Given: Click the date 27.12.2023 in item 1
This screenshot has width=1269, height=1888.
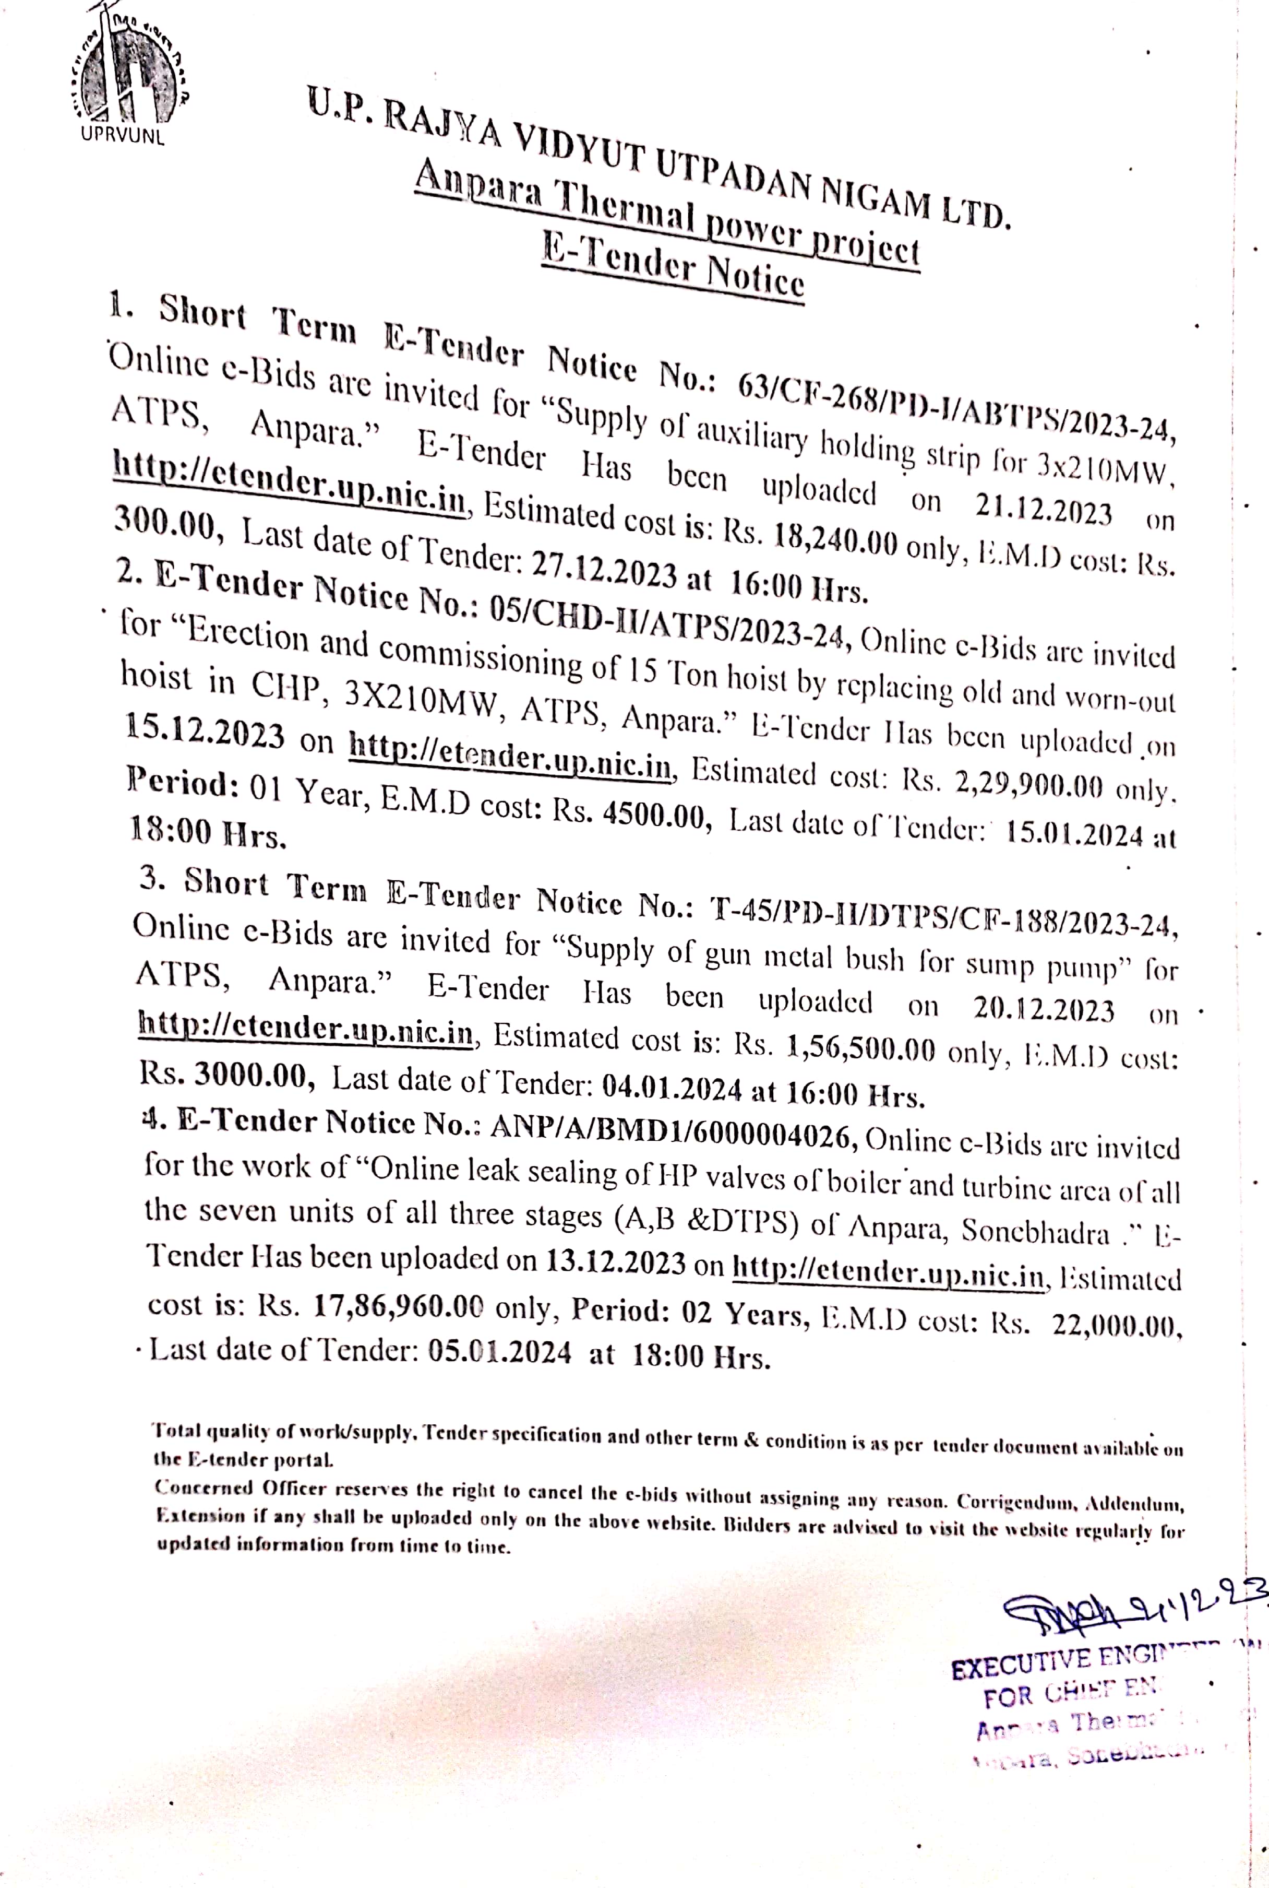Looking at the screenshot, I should pos(604,572).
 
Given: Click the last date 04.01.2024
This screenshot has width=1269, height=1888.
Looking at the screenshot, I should pos(672,1089).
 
